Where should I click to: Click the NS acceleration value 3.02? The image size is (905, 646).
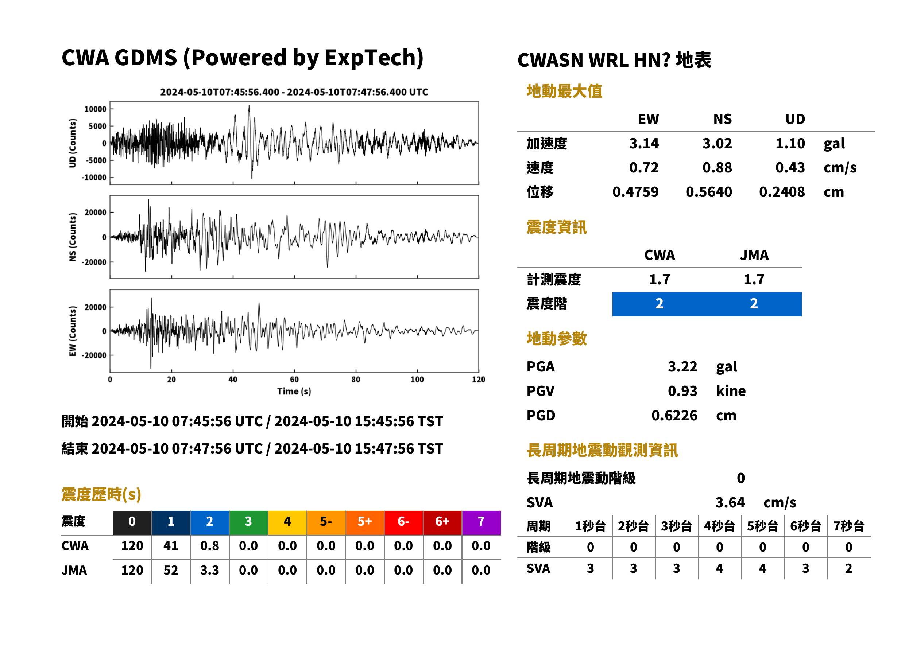[x=717, y=143]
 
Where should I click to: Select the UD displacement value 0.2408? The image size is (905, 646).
[x=782, y=192]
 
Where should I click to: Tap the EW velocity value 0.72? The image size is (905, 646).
[x=643, y=167]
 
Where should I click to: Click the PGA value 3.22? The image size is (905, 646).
[x=682, y=366]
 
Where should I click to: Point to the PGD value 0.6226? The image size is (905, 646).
[x=674, y=415]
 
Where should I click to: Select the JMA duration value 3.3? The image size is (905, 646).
[x=210, y=570]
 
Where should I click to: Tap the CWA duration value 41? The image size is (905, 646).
[x=171, y=545]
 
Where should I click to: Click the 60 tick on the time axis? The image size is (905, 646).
[x=294, y=380]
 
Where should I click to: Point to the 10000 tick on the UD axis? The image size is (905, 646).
[x=96, y=109]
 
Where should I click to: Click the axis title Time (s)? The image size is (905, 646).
[x=294, y=392]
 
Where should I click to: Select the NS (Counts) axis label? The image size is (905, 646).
[x=73, y=237]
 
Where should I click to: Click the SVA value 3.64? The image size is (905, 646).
[x=730, y=502]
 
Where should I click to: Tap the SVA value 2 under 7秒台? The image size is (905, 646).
[x=848, y=568]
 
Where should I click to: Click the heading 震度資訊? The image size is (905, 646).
[x=556, y=227]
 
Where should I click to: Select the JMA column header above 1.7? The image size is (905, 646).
[x=754, y=255]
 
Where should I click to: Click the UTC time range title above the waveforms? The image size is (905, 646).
[x=294, y=92]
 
